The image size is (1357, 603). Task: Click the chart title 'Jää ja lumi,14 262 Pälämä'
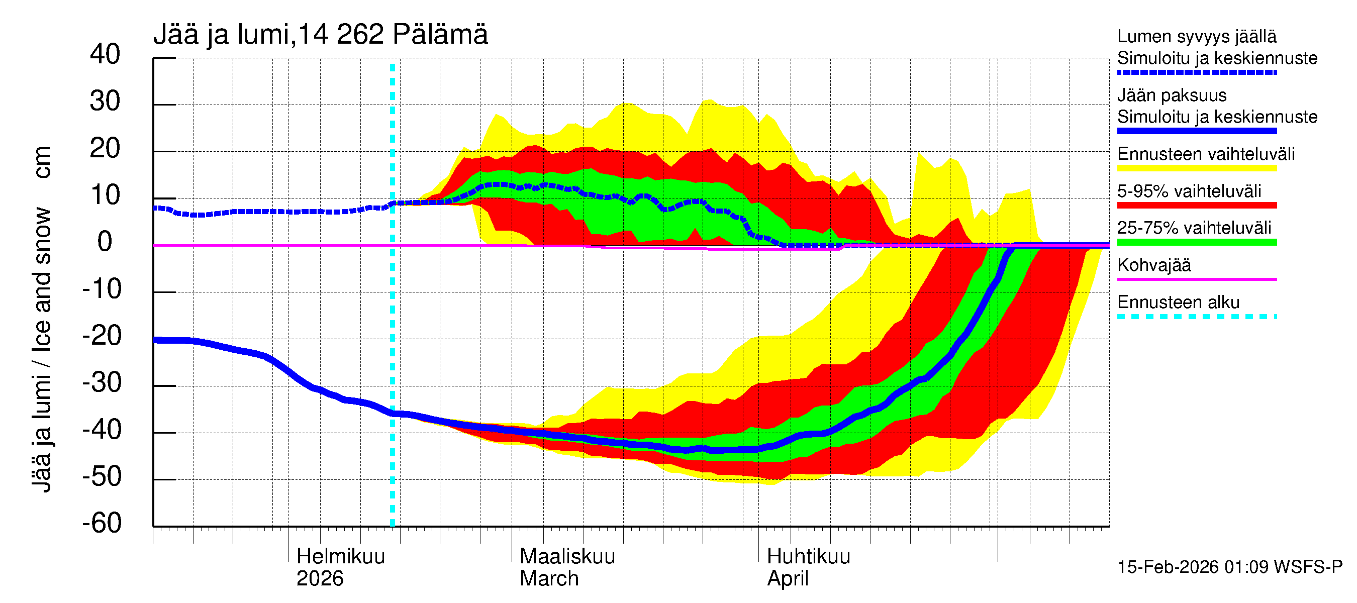click(x=320, y=35)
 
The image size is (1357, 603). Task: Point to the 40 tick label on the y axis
click(x=105, y=54)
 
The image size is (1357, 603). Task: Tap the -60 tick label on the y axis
click(x=102, y=523)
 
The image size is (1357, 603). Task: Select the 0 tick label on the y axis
click(x=105, y=242)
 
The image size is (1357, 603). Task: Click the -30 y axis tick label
click(x=102, y=382)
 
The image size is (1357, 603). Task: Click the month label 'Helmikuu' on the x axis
click(x=340, y=556)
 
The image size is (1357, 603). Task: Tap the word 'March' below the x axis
click(x=549, y=578)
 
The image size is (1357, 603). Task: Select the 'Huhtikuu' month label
click(x=808, y=556)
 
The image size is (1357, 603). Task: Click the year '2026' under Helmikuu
click(x=320, y=578)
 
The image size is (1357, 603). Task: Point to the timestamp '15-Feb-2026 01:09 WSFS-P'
click(x=1229, y=567)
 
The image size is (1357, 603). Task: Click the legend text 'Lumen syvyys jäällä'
click(x=1196, y=36)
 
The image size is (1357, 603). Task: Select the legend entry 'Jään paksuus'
click(x=1172, y=95)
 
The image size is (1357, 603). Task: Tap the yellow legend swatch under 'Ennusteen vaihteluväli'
click(x=1196, y=168)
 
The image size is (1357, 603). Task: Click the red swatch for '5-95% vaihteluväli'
click(x=1196, y=206)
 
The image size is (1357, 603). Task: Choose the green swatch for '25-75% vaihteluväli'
click(x=1196, y=242)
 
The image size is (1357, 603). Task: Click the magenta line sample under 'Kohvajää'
click(x=1196, y=279)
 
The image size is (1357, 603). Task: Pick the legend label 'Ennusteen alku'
click(x=1178, y=303)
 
